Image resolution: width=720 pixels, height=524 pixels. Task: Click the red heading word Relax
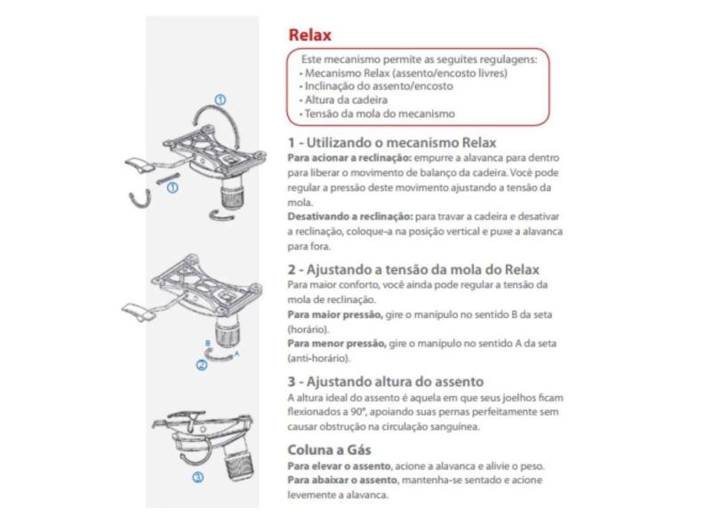tap(309, 36)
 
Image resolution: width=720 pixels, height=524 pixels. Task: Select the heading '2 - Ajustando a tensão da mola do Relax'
tap(413, 269)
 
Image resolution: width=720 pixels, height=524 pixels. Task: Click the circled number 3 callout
tap(197, 477)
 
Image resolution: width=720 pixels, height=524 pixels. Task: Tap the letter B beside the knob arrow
tap(207, 342)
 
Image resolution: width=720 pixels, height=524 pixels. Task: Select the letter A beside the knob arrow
tap(237, 352)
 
